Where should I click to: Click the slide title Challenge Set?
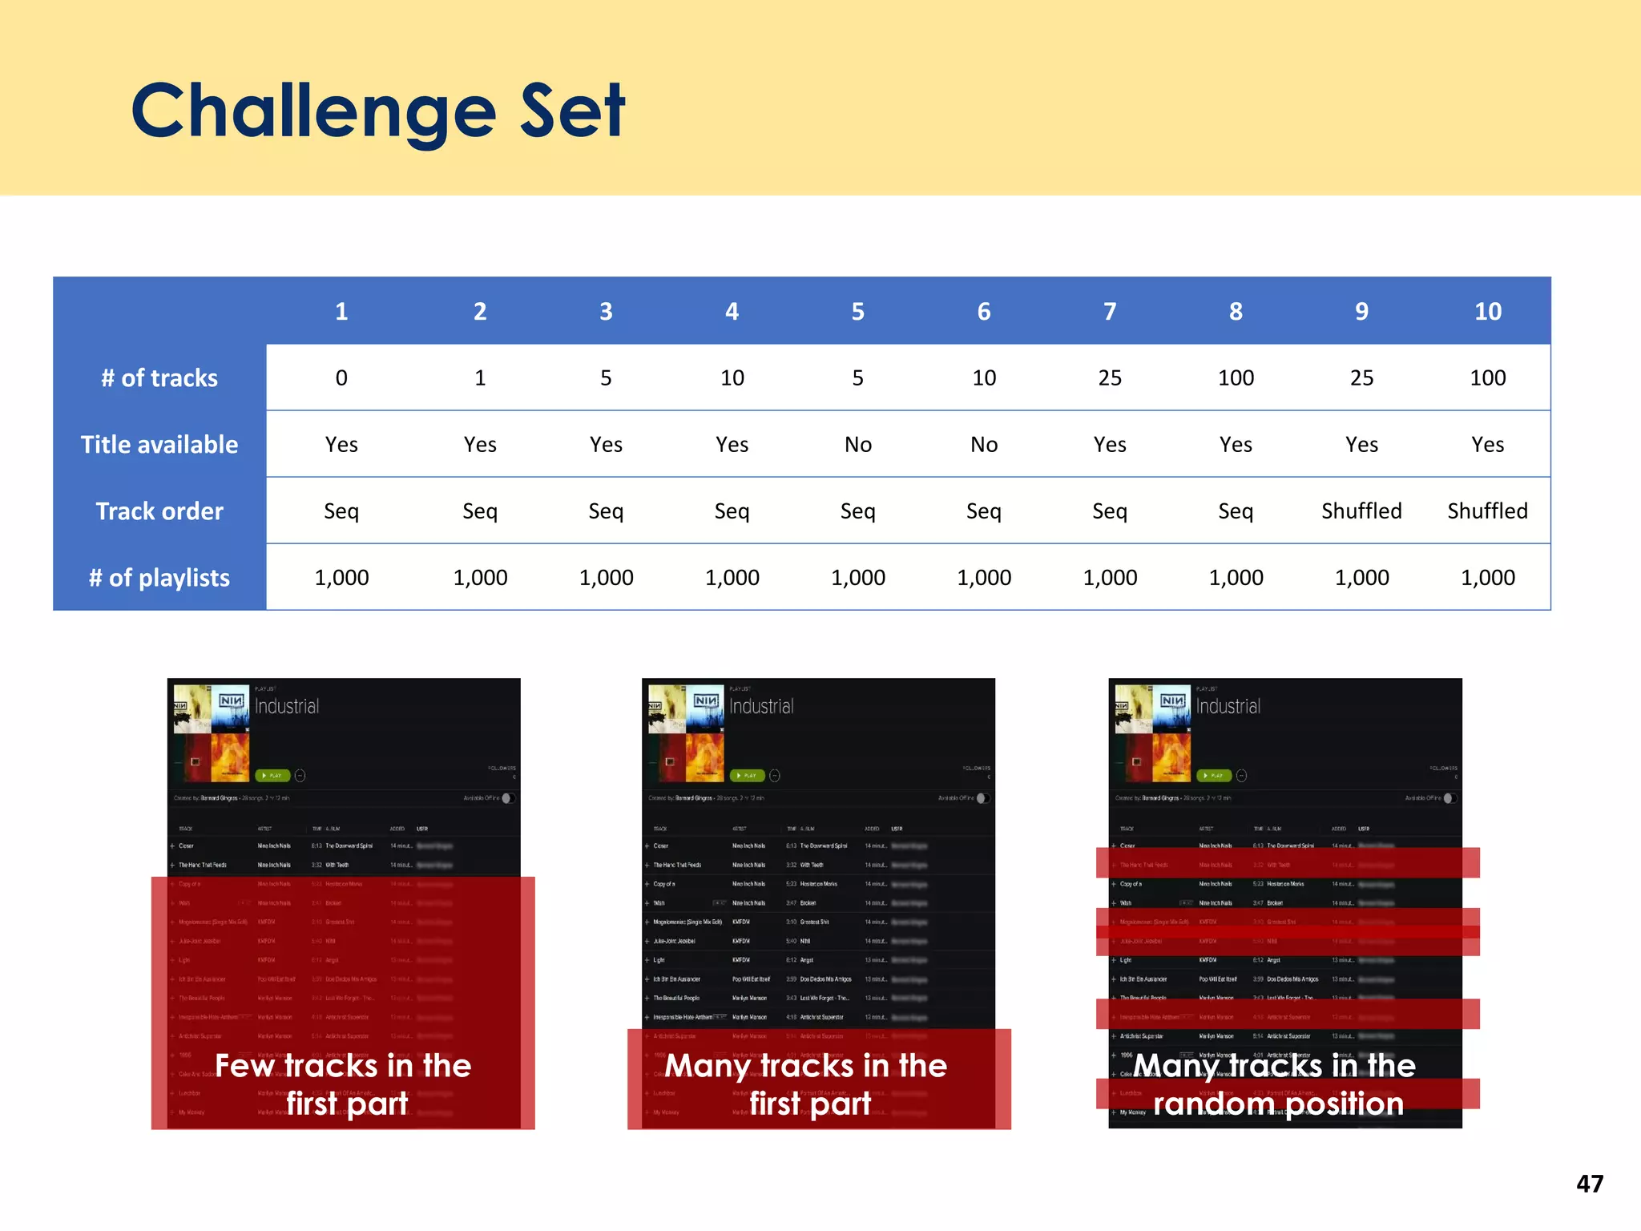(x=378, y=111)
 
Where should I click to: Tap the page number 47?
(x=1590, y=1184)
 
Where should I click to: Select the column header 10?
(x=1488, y=311)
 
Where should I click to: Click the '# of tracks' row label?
(x=159, y=377)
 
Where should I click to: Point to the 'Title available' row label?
(x=159, y=444)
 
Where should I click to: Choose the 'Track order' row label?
(x=159, y=511)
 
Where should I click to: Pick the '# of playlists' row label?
(x=159, y=577)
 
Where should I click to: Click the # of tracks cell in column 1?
(x=341, y=377)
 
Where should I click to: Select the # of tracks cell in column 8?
(x=1236, y=377)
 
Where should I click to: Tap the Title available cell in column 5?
(x=857, y=444)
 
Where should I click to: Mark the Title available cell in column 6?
(x=984, y=444)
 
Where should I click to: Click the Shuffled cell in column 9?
(x=1361, y=511)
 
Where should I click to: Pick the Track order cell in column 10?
(x=1488, y=511)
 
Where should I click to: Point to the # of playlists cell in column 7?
(x=1110, y=577)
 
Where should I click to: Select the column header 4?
(x=732, y=311)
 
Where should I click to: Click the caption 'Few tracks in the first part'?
(x=344, y=1084)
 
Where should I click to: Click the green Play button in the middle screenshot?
(x=748, y=775)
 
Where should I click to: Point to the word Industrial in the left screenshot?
(x=287, y=706)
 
